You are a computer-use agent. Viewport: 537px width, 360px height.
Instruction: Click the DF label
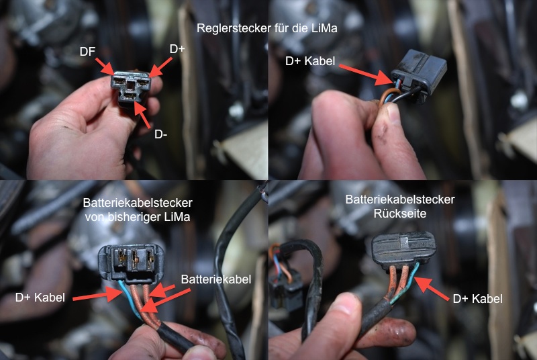coord(87,52)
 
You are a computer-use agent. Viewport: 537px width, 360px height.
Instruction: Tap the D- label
coord(161,134)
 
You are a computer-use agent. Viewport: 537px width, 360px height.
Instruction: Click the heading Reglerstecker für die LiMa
coord(266,28)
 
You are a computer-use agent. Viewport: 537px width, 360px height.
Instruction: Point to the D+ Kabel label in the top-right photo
coord(310,61)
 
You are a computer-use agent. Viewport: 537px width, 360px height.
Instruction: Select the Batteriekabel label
coord(215,279)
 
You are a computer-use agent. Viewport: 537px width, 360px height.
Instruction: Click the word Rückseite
coord(399,214)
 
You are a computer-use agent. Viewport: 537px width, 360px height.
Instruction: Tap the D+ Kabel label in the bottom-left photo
coord(40,298)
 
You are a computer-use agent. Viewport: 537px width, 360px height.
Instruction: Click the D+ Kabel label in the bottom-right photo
coord(478,299)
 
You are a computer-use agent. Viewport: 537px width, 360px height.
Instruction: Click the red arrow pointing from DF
coord(105,66)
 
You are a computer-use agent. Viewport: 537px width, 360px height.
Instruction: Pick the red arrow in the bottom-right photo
coord(431,289)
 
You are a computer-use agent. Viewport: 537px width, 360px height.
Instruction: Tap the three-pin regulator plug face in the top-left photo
coord(131,87)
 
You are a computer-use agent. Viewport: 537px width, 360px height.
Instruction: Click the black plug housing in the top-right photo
coord(420,76)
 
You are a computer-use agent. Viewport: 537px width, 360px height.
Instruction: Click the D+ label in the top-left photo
coord(177,49)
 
